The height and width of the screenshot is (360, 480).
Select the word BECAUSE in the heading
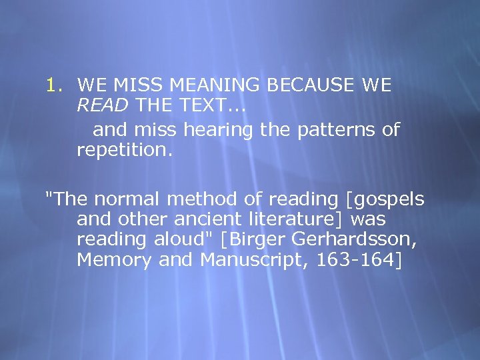[x=313, y=85]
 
